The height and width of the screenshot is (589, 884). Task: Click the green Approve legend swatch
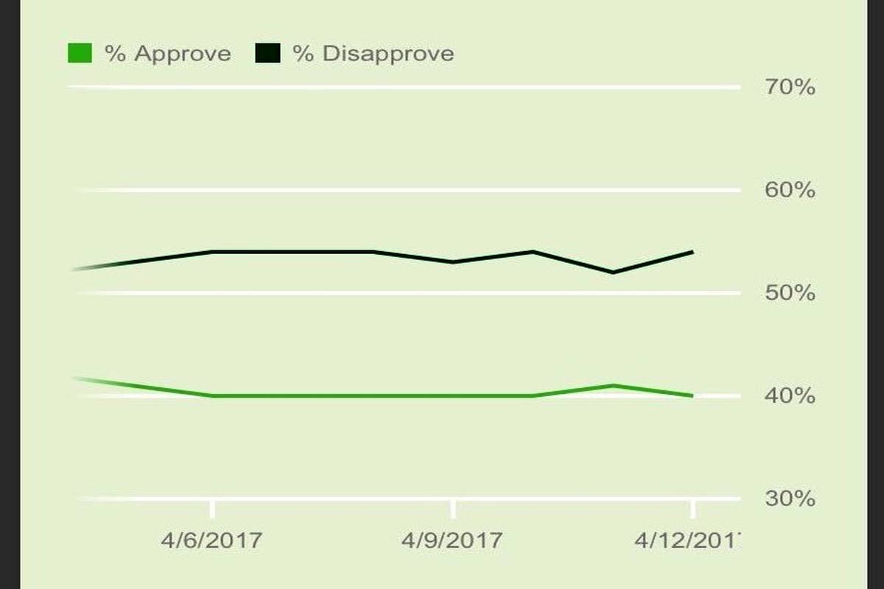click(x=80, y=53)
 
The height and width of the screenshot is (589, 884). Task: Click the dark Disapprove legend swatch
click(x=267, y=53)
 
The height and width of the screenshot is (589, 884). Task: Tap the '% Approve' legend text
click(x=168, y=54)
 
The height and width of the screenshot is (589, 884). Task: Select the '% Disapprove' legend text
click(x=373, y=54)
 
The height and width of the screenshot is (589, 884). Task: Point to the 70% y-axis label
click(x=789, y=88)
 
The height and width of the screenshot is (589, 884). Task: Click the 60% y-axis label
click(x=789, y=191)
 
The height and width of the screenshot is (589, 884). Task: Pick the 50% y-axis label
click(x=789, y=294)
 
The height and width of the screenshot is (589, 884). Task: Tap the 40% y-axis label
click(x=789, y=397)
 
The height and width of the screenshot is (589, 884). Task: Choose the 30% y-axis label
click(x=789, y=499)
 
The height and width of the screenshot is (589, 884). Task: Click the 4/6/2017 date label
click(x=211, y=540)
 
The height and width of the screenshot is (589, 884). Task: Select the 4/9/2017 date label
click(x=452, y=540)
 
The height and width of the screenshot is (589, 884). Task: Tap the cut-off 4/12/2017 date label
click(x=687, y=540)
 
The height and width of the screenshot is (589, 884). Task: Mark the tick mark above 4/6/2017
click(x=212, y=508)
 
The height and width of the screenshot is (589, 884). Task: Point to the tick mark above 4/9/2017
click(x=452, y=508)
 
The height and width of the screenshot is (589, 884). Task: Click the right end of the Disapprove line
click(x=692, y=252)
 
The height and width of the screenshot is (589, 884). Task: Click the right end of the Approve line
click(x=692, y=395)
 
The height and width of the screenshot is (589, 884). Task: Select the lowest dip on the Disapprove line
click(x=612, y=272)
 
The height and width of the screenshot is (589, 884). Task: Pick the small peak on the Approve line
click(x=612, y=385)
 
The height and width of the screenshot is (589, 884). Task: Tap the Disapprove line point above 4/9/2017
click(x=452, y=262)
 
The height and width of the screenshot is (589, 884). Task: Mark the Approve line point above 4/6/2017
click(x=212, y=395)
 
